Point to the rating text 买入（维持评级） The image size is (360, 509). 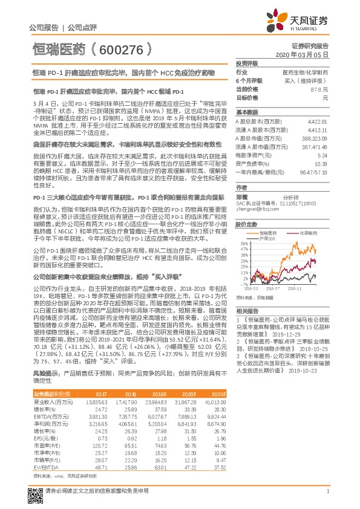click(307, 80)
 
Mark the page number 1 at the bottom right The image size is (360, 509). click(327, 491)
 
